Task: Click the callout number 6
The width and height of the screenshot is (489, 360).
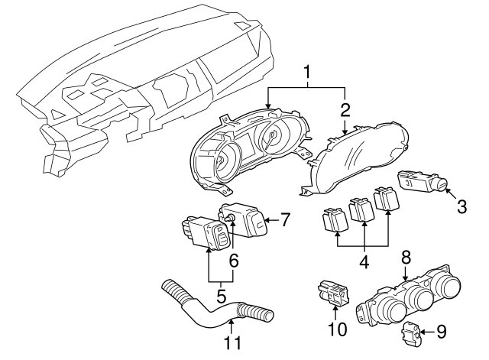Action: (234, 261)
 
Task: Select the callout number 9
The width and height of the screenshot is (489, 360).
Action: (440, 332)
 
